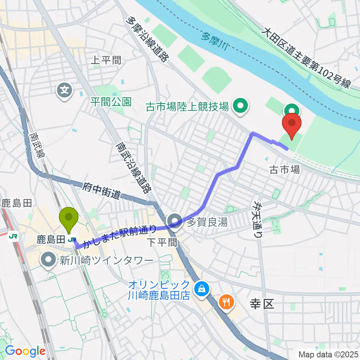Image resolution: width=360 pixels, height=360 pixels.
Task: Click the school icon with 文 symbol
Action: point(65,90)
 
